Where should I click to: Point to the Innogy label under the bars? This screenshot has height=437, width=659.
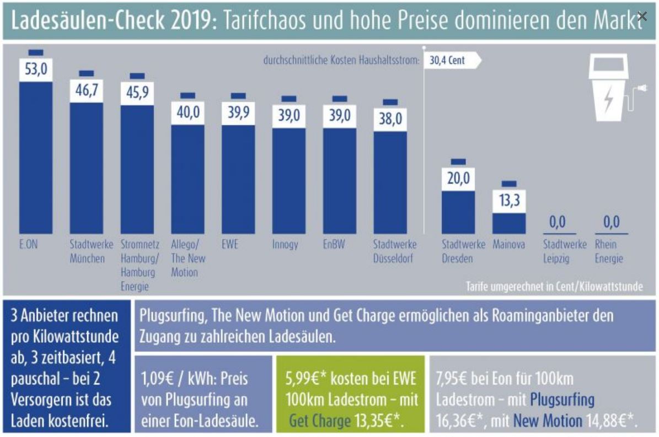(285, 244)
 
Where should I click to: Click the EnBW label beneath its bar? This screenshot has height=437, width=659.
(334, 244)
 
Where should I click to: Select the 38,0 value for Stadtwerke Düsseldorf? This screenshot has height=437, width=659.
(390, 118)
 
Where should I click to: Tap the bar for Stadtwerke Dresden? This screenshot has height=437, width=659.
(458, 212)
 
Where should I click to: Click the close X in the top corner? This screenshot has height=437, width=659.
(641, 16)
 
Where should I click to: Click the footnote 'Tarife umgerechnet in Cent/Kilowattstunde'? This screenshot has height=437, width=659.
(554, 287)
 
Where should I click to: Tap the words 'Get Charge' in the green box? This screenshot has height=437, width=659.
(320, 422)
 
